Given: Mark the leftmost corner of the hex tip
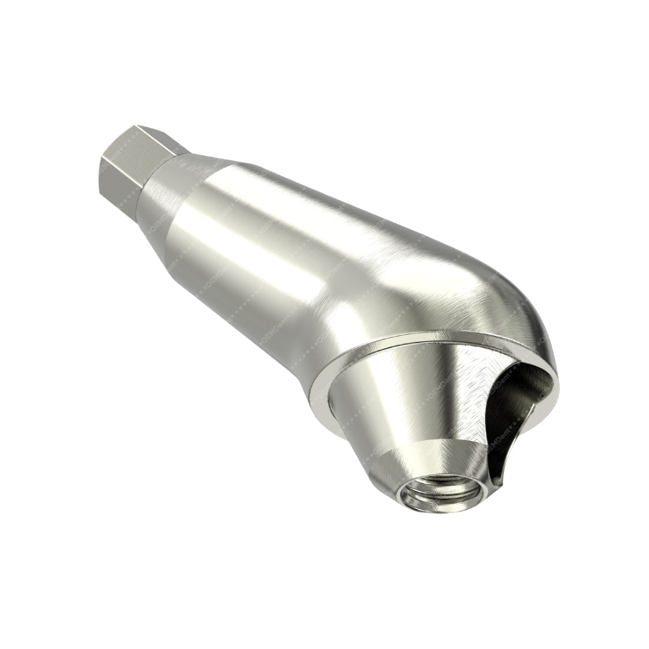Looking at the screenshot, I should pyautogui.click(x=102, y=157).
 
